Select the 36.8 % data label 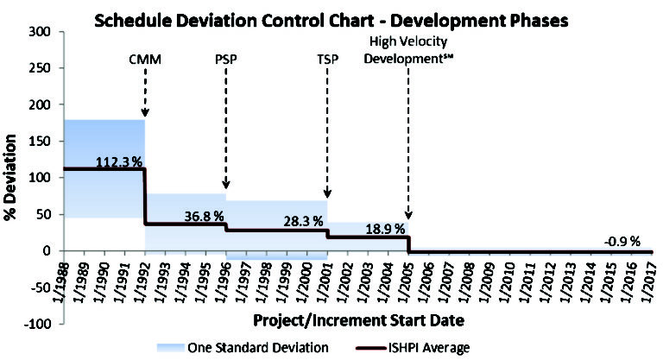pyautogui.click(x=204, y=215)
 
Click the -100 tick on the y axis pyautogui.click(x=38, y=324)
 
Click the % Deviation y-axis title pyautogui.click(x=11, y=177)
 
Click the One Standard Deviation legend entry pyautogui.click(x=260, y=347)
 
